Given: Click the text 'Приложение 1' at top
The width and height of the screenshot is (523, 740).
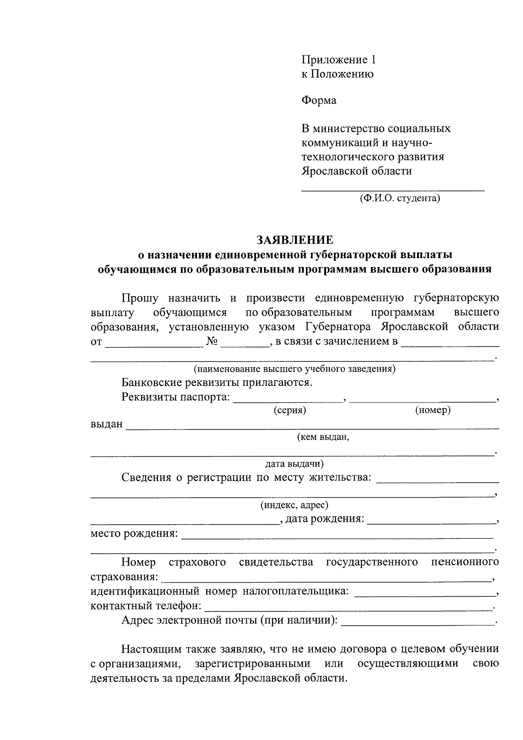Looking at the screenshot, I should point(338,60).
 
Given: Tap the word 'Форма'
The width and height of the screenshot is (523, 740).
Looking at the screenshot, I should point(319,101).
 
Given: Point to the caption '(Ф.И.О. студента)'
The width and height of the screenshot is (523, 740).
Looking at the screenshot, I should point(400,199).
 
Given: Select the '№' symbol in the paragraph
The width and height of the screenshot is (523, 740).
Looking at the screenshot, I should point(212,341).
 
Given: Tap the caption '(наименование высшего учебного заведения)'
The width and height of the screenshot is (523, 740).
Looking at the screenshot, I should point(294,369).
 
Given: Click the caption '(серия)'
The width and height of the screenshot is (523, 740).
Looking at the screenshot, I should point(290,410).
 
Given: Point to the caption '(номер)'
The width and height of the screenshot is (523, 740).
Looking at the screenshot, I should point(432,410).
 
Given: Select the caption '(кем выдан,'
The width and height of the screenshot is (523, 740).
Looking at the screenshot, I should point(323,437).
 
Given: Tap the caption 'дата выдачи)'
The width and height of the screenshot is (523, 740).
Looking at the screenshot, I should point(294,464).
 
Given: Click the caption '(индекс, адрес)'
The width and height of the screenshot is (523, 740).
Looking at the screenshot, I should point(294,505).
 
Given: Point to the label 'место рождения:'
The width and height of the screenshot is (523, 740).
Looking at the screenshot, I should point(134,534).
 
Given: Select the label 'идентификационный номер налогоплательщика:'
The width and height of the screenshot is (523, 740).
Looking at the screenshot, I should point(219,592).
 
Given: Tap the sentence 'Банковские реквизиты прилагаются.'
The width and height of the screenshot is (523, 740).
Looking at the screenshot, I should point(217,383).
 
